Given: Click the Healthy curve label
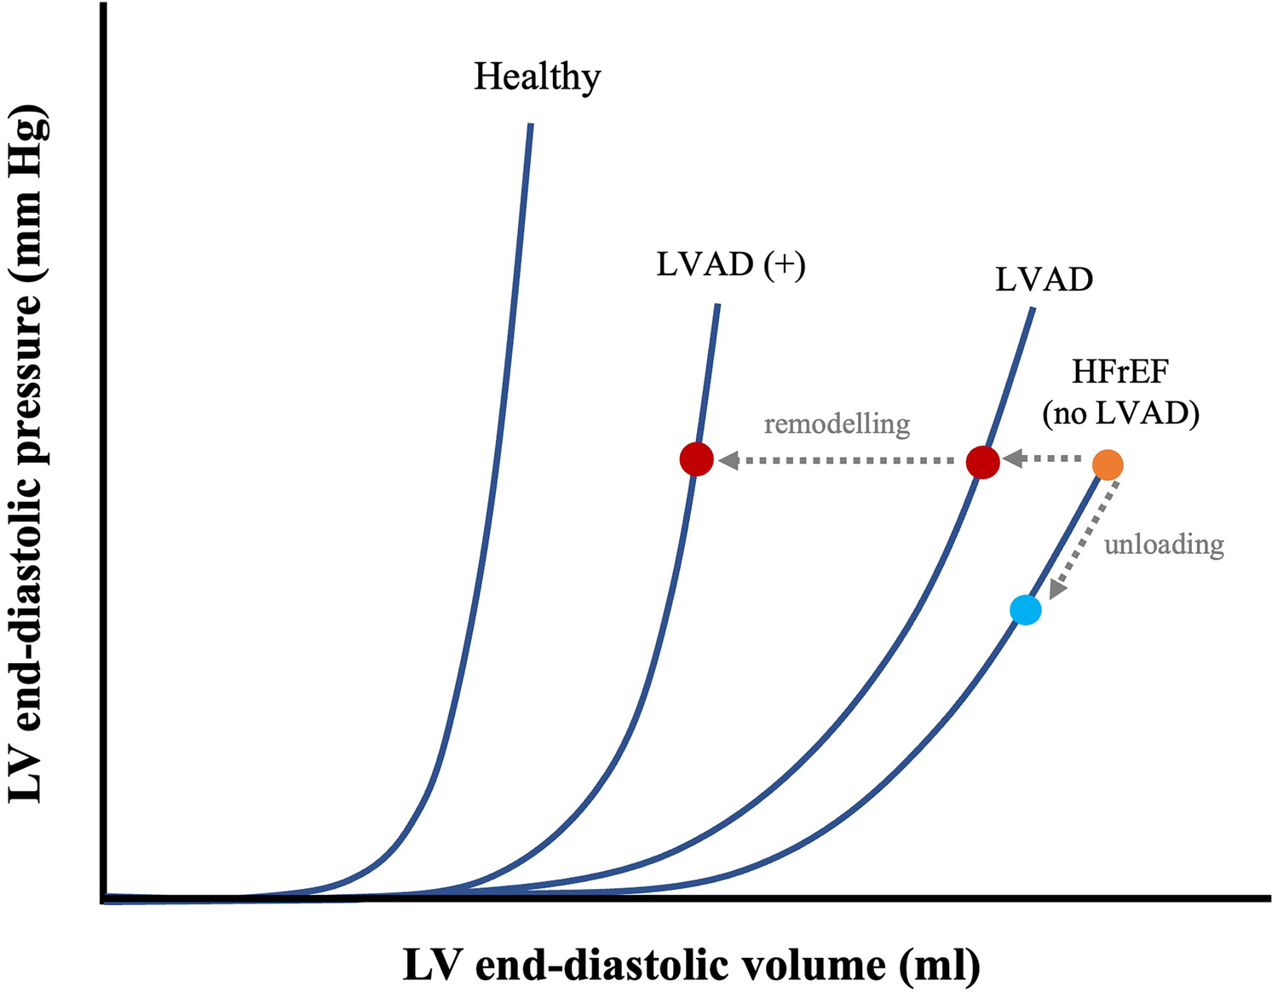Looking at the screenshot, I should click(x=537, y=78).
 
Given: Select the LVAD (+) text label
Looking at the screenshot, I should click(x=730, y=264).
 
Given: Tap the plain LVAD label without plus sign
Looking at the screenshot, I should click(x=1044, y=280).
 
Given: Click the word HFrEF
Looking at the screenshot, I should click(x=1120, y=372).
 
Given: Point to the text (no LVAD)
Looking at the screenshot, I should click(x=1120, y=414).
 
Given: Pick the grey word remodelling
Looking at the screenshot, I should click(x=837, y=424).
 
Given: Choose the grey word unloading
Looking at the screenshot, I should click(x=1164, y=544).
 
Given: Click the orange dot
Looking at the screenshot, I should click(x=1108, y=465).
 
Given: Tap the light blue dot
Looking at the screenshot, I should click(x=1026, y=610).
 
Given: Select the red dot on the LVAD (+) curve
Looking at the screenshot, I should click(x=697, y=459).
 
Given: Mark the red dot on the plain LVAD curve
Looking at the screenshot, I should click(x=983, y=462).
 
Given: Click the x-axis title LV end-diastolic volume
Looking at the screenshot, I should click(x=648, y=966).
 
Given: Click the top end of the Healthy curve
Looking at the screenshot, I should click(x=531, y=126).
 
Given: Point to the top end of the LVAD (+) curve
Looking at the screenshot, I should click(x=718, y=306).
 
